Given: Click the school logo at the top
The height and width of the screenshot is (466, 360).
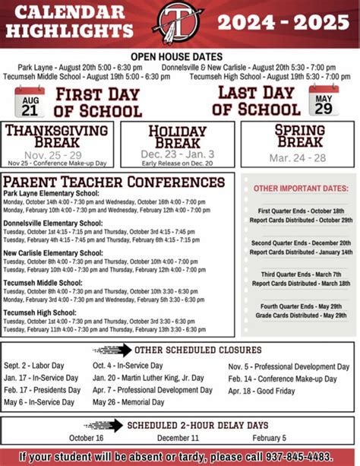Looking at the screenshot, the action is click(179, 24).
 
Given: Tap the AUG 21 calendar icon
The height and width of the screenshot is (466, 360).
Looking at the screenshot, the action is click(30, 100).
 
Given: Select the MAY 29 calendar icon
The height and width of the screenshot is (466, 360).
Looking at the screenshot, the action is click(324, 99).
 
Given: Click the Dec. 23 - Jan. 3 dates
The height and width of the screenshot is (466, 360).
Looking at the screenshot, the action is click(177, 154).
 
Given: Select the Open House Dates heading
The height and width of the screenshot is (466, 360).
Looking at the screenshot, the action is click(176, 56).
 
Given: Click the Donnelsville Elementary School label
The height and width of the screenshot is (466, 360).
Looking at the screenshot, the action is click(52, 223).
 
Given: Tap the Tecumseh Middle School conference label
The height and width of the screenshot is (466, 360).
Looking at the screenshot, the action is click(43, 282).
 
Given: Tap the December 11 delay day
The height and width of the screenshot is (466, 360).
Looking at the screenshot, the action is click(178, 438).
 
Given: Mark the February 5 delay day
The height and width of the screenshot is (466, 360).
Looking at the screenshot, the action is click(270, 438).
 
